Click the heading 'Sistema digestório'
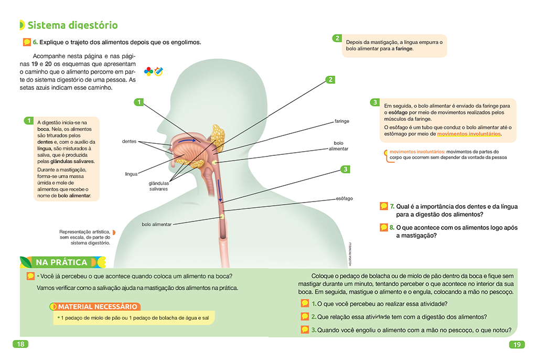point(72,25)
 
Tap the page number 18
point(20,344)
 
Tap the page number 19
point(516,345)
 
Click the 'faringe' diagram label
point(341,121)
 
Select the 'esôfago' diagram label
point(344,198)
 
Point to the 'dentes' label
point(130,141)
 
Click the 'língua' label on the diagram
point(131,173)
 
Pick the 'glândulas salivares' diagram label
point(158,186)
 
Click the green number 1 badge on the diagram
point(138,102)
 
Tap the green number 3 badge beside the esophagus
point(345,169)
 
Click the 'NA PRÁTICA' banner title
point(61,262)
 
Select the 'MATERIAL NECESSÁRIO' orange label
point(98,306)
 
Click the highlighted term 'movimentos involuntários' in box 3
point(468,134)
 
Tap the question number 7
point(392,206)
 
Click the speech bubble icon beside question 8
point(383,227)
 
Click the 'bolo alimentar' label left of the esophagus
point(156,224)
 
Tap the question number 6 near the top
point(35,43)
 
